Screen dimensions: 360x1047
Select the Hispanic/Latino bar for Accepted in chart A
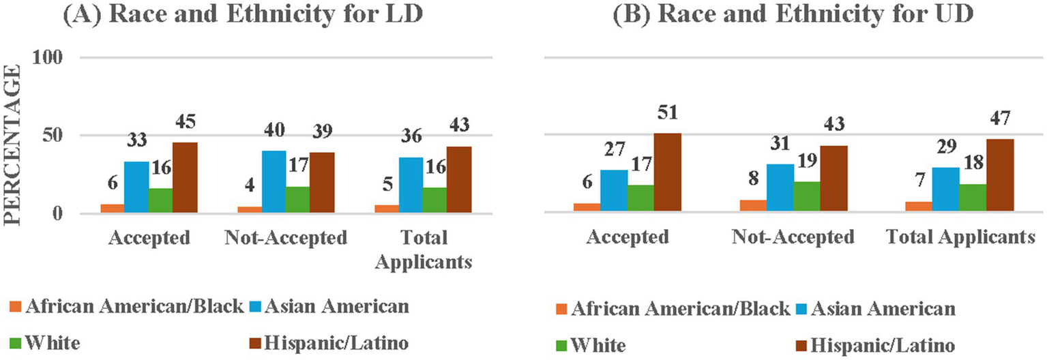(x=185, y=178)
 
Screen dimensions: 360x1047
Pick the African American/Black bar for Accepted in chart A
(x=113, y=209)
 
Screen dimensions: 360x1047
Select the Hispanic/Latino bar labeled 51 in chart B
(x=668, y=172)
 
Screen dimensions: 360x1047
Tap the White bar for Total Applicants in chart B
(x=974, y=198)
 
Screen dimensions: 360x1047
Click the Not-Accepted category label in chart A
(x=286, y=238)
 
